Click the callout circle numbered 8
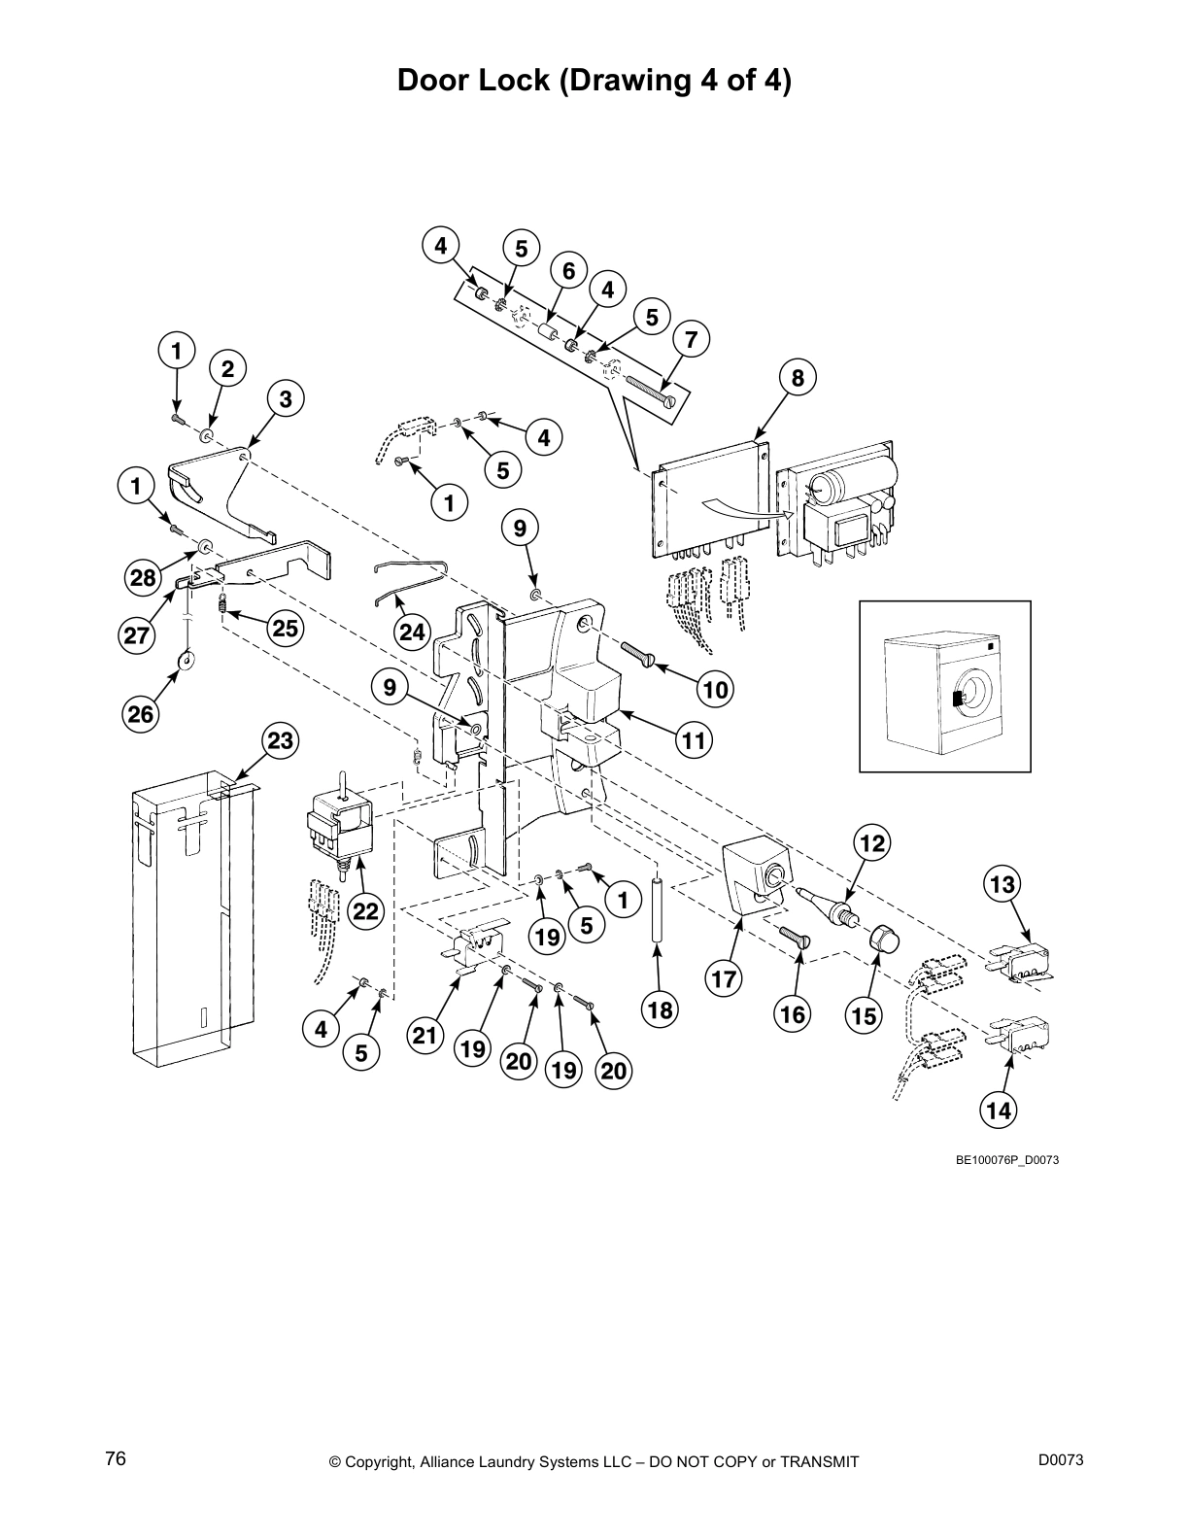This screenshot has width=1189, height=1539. (x=798, y=379)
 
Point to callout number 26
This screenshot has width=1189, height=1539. (x=141, y=715)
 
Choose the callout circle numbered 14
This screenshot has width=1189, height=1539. (x=999, y=1111)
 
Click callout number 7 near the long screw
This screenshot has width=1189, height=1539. (x=691, y=340)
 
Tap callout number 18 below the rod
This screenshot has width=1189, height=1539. (x=660, y=1010)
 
